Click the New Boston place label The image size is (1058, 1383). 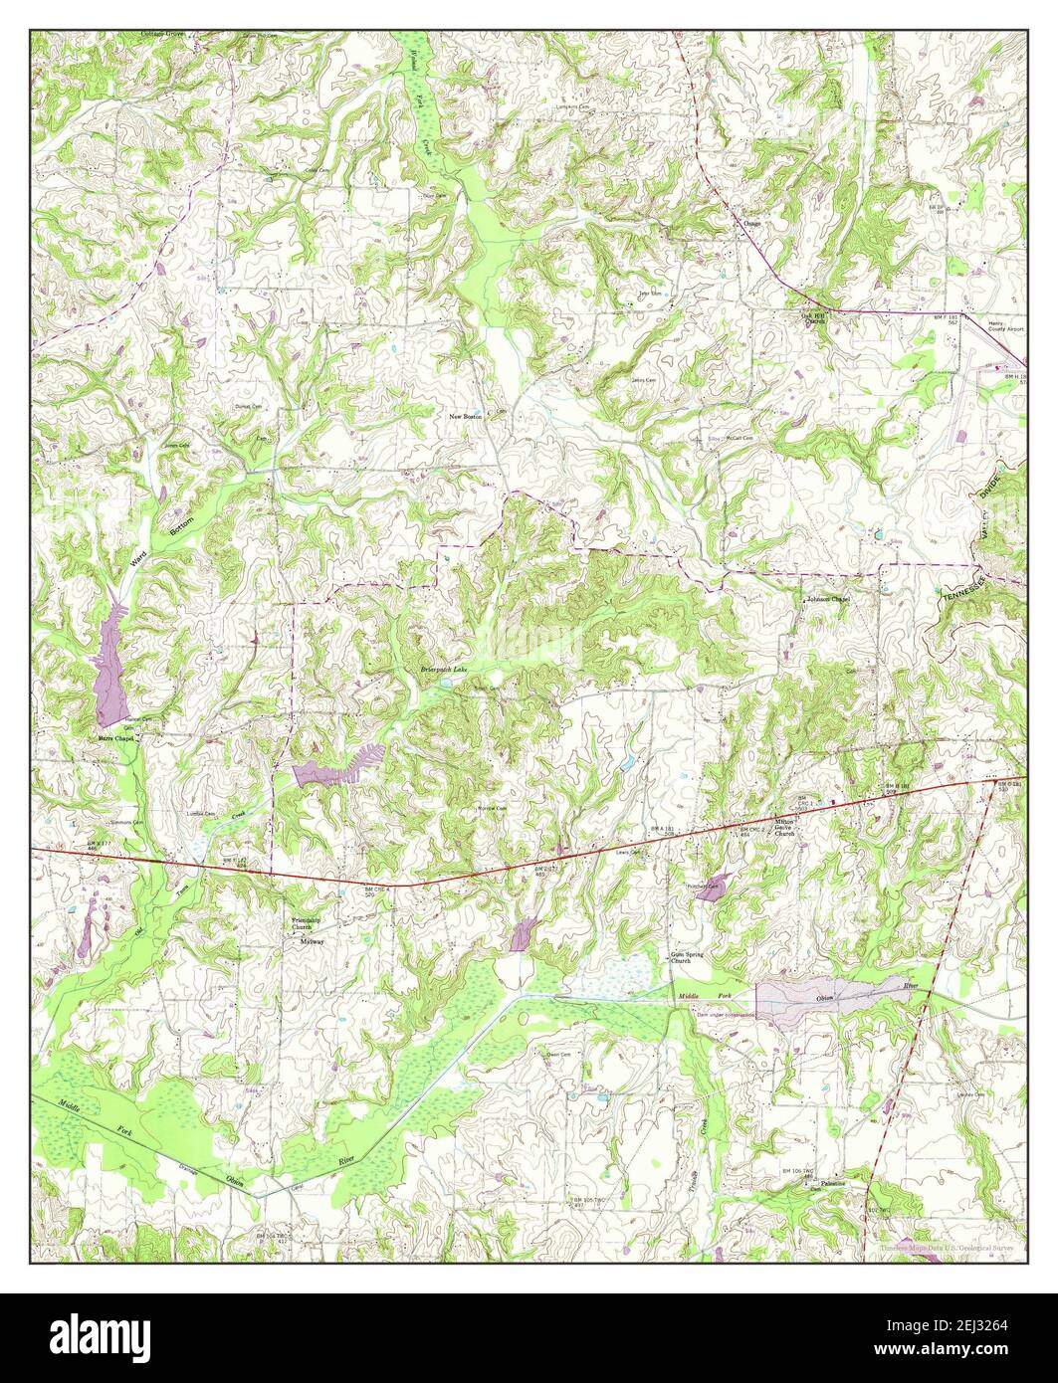[465, 416]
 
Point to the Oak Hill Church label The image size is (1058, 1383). [815, 319]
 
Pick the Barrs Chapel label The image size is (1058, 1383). [115, 739]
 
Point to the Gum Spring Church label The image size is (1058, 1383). [687, 957]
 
